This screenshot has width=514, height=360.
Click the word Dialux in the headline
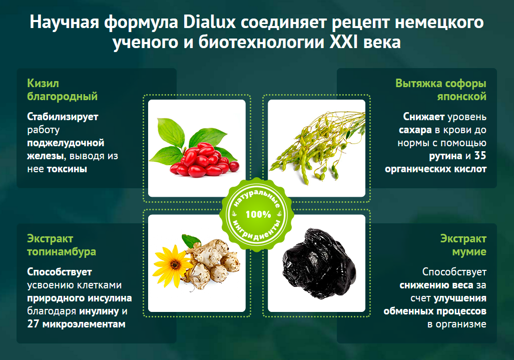pos(210,23)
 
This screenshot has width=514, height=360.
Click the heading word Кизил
pos(43,83)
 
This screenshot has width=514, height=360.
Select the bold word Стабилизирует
pos(63,117)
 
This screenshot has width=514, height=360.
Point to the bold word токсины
pos(67,169)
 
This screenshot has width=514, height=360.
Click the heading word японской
pos(461,97)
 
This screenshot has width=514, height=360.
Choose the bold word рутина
pos(445,156)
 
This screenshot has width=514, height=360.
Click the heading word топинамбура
pos(62,252)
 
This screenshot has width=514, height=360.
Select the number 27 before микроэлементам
pos(33,324)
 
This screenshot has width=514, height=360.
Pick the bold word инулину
pos(99,311)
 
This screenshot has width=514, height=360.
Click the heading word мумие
pos(469,252)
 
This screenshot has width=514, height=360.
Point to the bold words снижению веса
pos(436,285)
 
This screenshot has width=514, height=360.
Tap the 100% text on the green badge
pos(258,214)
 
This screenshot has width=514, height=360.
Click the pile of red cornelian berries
pos(205,160)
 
